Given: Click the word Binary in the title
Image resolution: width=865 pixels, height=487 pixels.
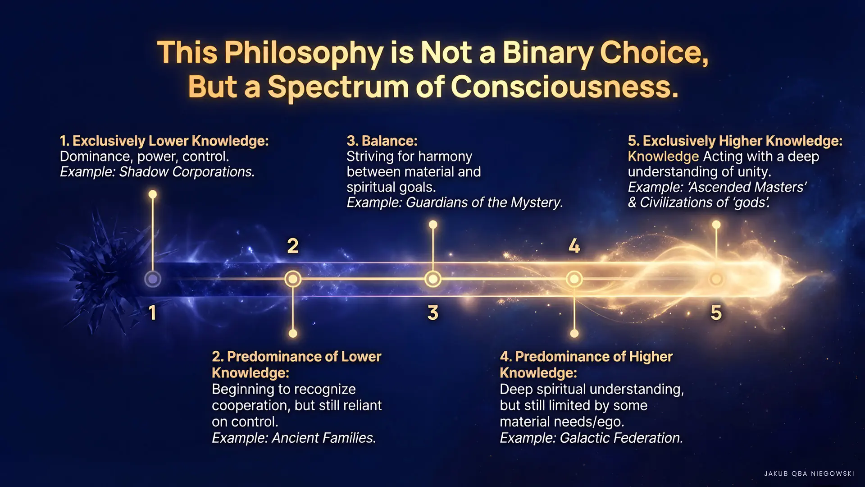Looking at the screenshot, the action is (547, 53).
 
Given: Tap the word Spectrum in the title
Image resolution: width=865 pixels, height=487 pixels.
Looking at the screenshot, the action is (338, 87).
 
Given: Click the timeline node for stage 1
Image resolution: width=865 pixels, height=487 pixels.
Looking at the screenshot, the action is (153, 279).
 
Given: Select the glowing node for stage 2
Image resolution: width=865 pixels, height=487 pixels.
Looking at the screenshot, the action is (293, 279).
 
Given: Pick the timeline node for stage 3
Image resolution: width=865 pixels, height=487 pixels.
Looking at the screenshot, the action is (433, 279).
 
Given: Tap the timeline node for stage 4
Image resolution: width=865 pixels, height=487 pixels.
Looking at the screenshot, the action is (574, 279).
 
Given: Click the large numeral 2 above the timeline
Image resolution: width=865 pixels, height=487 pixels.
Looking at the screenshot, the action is (293, 246).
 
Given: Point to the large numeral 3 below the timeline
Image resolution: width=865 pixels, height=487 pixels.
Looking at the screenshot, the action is (433, 312).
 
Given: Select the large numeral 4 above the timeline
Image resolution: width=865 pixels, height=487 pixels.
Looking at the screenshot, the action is (574, 246).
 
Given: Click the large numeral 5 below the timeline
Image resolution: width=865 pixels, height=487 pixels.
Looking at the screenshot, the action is (716, 312).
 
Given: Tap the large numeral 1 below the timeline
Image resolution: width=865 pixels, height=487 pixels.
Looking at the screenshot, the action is (153, 312).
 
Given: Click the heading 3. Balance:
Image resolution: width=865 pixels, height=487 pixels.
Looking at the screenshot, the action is (382, 141).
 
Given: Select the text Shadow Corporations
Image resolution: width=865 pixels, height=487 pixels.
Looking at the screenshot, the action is (187, 172).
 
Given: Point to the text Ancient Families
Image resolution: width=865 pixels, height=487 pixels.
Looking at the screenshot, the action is (323, 438).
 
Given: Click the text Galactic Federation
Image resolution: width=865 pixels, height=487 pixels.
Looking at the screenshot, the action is (621, 438).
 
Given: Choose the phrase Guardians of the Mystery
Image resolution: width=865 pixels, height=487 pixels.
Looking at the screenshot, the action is (484, 202).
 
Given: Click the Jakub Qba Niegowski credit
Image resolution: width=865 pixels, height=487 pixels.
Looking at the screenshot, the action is (809, 473).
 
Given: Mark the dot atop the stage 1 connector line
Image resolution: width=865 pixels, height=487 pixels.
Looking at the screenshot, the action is (153, 194).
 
